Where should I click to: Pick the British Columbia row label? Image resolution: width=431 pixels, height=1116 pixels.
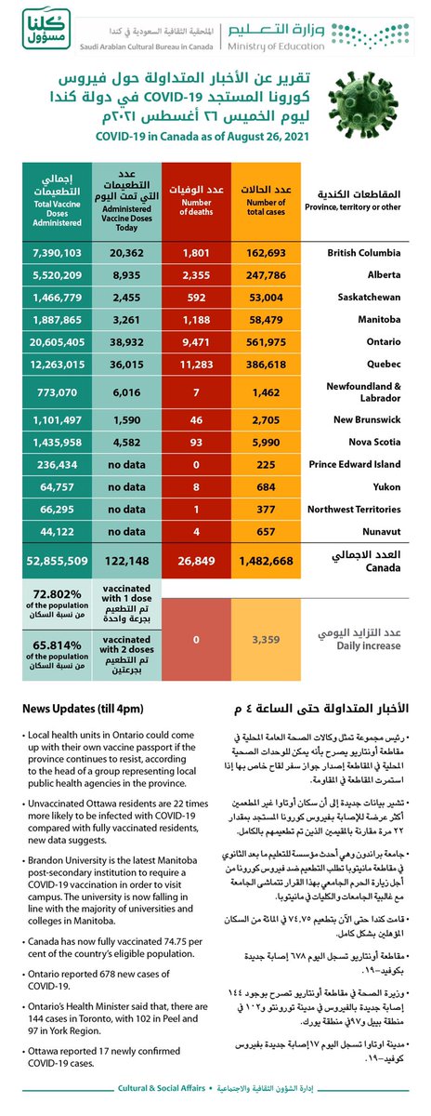pyautogui.click(x=364, y=254)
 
